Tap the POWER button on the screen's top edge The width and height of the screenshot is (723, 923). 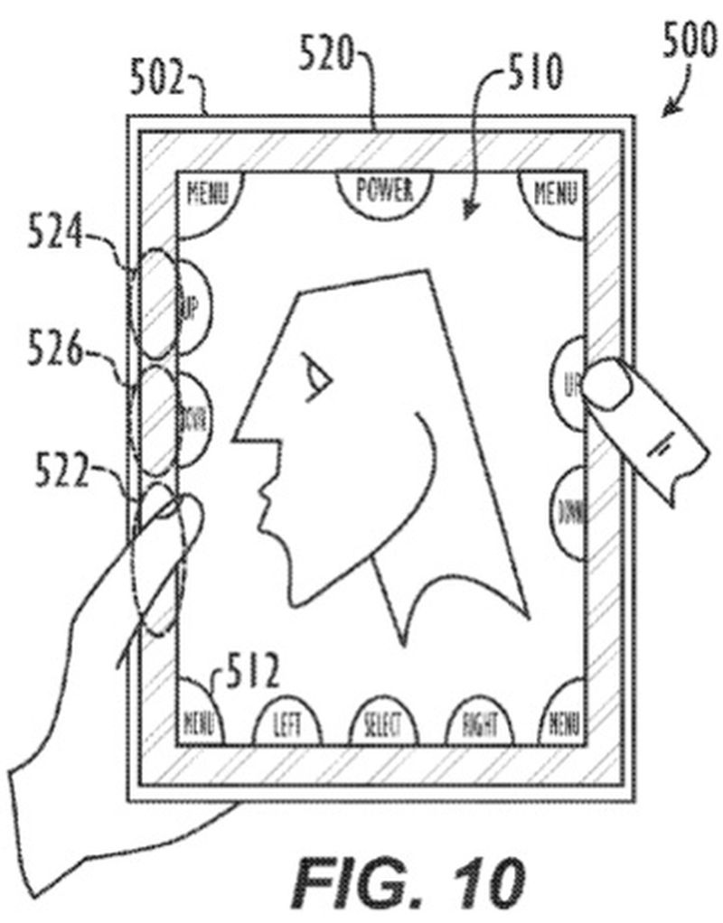(x=384, y=191)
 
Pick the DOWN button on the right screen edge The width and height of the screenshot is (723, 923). (x=570, y=514)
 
